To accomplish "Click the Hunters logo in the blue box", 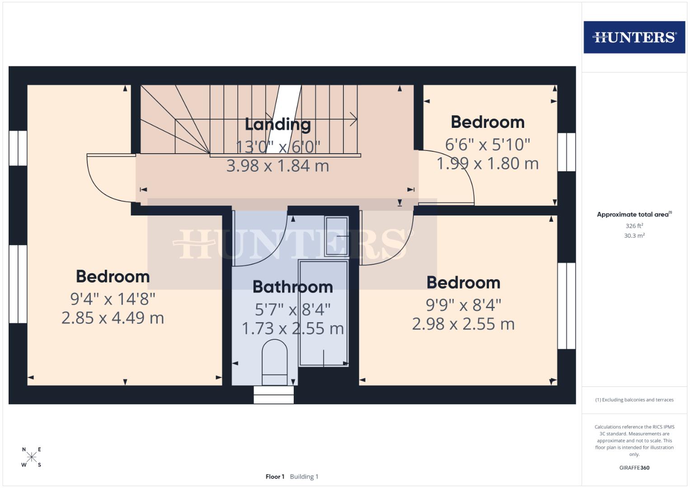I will (x=634, y=37).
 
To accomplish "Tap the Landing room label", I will (x=277, y=124).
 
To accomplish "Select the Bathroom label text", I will (x=292, y=287).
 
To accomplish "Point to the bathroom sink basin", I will (x=337, y=236).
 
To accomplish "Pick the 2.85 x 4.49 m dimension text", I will (x=113, y=318).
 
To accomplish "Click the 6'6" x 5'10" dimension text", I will (x=488, y=145).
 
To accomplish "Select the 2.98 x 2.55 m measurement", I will (x=463, y=324).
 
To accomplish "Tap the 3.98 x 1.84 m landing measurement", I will (x=277, y=166).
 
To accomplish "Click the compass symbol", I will (x=32, y=457).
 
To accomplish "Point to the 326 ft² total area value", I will (x=634, y=226).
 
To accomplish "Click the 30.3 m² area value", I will (x=634, y=235).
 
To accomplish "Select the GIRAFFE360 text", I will (x=634, y=468).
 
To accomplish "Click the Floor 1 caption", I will (x=275, y=477).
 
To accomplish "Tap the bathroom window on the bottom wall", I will (x=273, y=394).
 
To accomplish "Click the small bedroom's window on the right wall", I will (x=566, y=152).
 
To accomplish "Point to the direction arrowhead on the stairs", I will (x=353, y=120).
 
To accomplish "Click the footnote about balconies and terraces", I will (x=634, y=400).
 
